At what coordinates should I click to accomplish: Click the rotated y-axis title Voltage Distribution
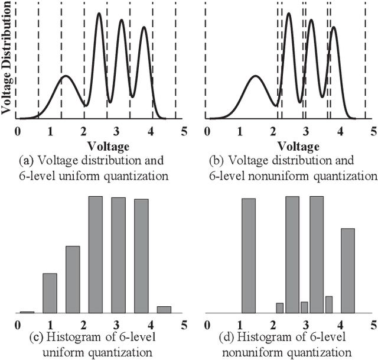tap(7, 60)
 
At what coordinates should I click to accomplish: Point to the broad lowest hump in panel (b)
tap(256, 77)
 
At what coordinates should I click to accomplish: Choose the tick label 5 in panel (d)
tap(372, 324)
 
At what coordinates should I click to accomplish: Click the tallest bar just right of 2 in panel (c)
tap(96, 254)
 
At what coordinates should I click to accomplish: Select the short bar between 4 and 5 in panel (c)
tap(164, 309)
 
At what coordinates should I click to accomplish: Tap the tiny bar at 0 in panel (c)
tap(27, 312)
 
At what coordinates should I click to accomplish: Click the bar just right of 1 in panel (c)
tap(50, 293)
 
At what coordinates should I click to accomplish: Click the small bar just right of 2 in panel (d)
tap(279, 307)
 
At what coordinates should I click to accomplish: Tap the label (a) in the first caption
tap(26, 160)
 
